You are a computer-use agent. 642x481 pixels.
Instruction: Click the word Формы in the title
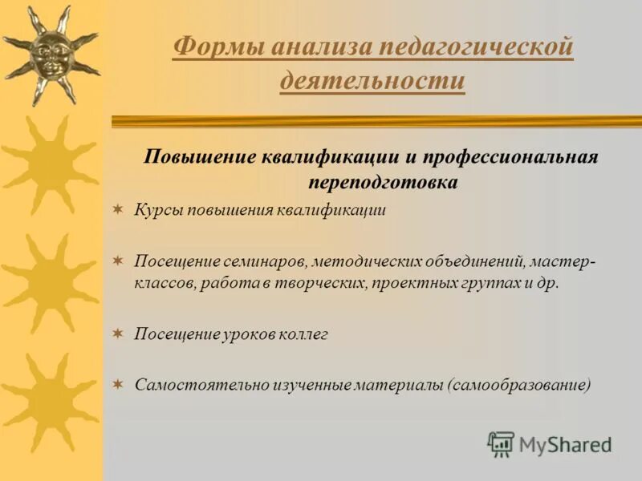[x=217, y=47]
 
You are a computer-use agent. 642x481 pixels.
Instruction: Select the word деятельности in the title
[x=372, y=81]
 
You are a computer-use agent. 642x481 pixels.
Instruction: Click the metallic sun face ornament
[x=50, y=50]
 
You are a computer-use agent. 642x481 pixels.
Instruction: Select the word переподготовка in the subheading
[x=383, y=182]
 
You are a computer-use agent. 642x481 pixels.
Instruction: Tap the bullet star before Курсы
[x=118, y=210]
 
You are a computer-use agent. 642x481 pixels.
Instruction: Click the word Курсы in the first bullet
[x=158, y=211]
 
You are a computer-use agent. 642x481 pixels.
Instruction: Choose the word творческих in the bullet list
[x=325, y=284]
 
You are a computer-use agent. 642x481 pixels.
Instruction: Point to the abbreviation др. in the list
[x=547, y=284]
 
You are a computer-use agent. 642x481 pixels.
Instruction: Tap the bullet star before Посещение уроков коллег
[x=118, y=333]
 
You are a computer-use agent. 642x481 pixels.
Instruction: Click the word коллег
[x=303, y=333]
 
